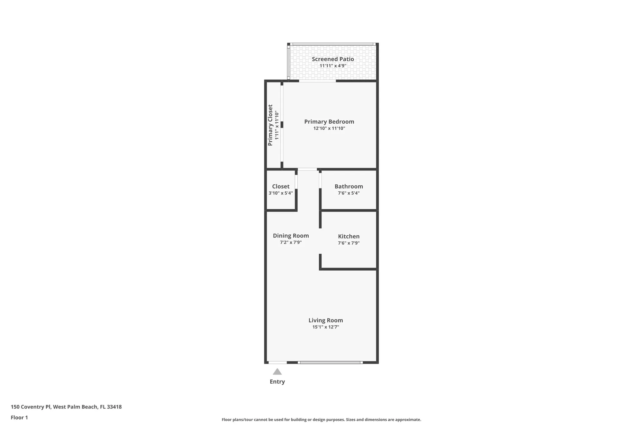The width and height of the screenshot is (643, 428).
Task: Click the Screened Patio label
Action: (333, 59)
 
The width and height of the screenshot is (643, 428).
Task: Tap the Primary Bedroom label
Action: (329, 122)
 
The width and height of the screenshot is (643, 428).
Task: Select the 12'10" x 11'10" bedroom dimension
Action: (329, 128)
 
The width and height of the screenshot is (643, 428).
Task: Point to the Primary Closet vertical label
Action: (270, 125)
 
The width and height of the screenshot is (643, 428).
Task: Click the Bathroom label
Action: (349, 187)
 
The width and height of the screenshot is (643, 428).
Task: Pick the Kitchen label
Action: (349, 236)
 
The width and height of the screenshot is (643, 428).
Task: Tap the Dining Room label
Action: (291, 236)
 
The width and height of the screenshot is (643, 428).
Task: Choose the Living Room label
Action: (326, 320)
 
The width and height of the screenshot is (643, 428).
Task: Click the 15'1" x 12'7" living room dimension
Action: (326, 327)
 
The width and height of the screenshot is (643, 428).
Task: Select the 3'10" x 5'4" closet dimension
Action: (281, 193)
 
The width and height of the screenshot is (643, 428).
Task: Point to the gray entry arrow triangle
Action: (277, 372)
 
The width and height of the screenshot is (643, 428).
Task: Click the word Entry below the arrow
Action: (277, 381)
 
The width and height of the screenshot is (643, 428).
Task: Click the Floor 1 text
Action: (19, 418)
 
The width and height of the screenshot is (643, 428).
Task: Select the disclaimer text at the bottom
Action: (321, 420)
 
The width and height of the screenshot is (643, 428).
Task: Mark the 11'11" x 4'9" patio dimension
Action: (333, 66)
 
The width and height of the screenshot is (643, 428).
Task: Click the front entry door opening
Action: (277, 362)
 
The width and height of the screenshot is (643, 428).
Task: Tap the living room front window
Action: (330, 362)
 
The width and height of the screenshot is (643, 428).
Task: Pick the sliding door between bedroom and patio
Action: (317, 81)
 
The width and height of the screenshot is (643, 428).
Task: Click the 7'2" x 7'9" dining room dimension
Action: (291, 242)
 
